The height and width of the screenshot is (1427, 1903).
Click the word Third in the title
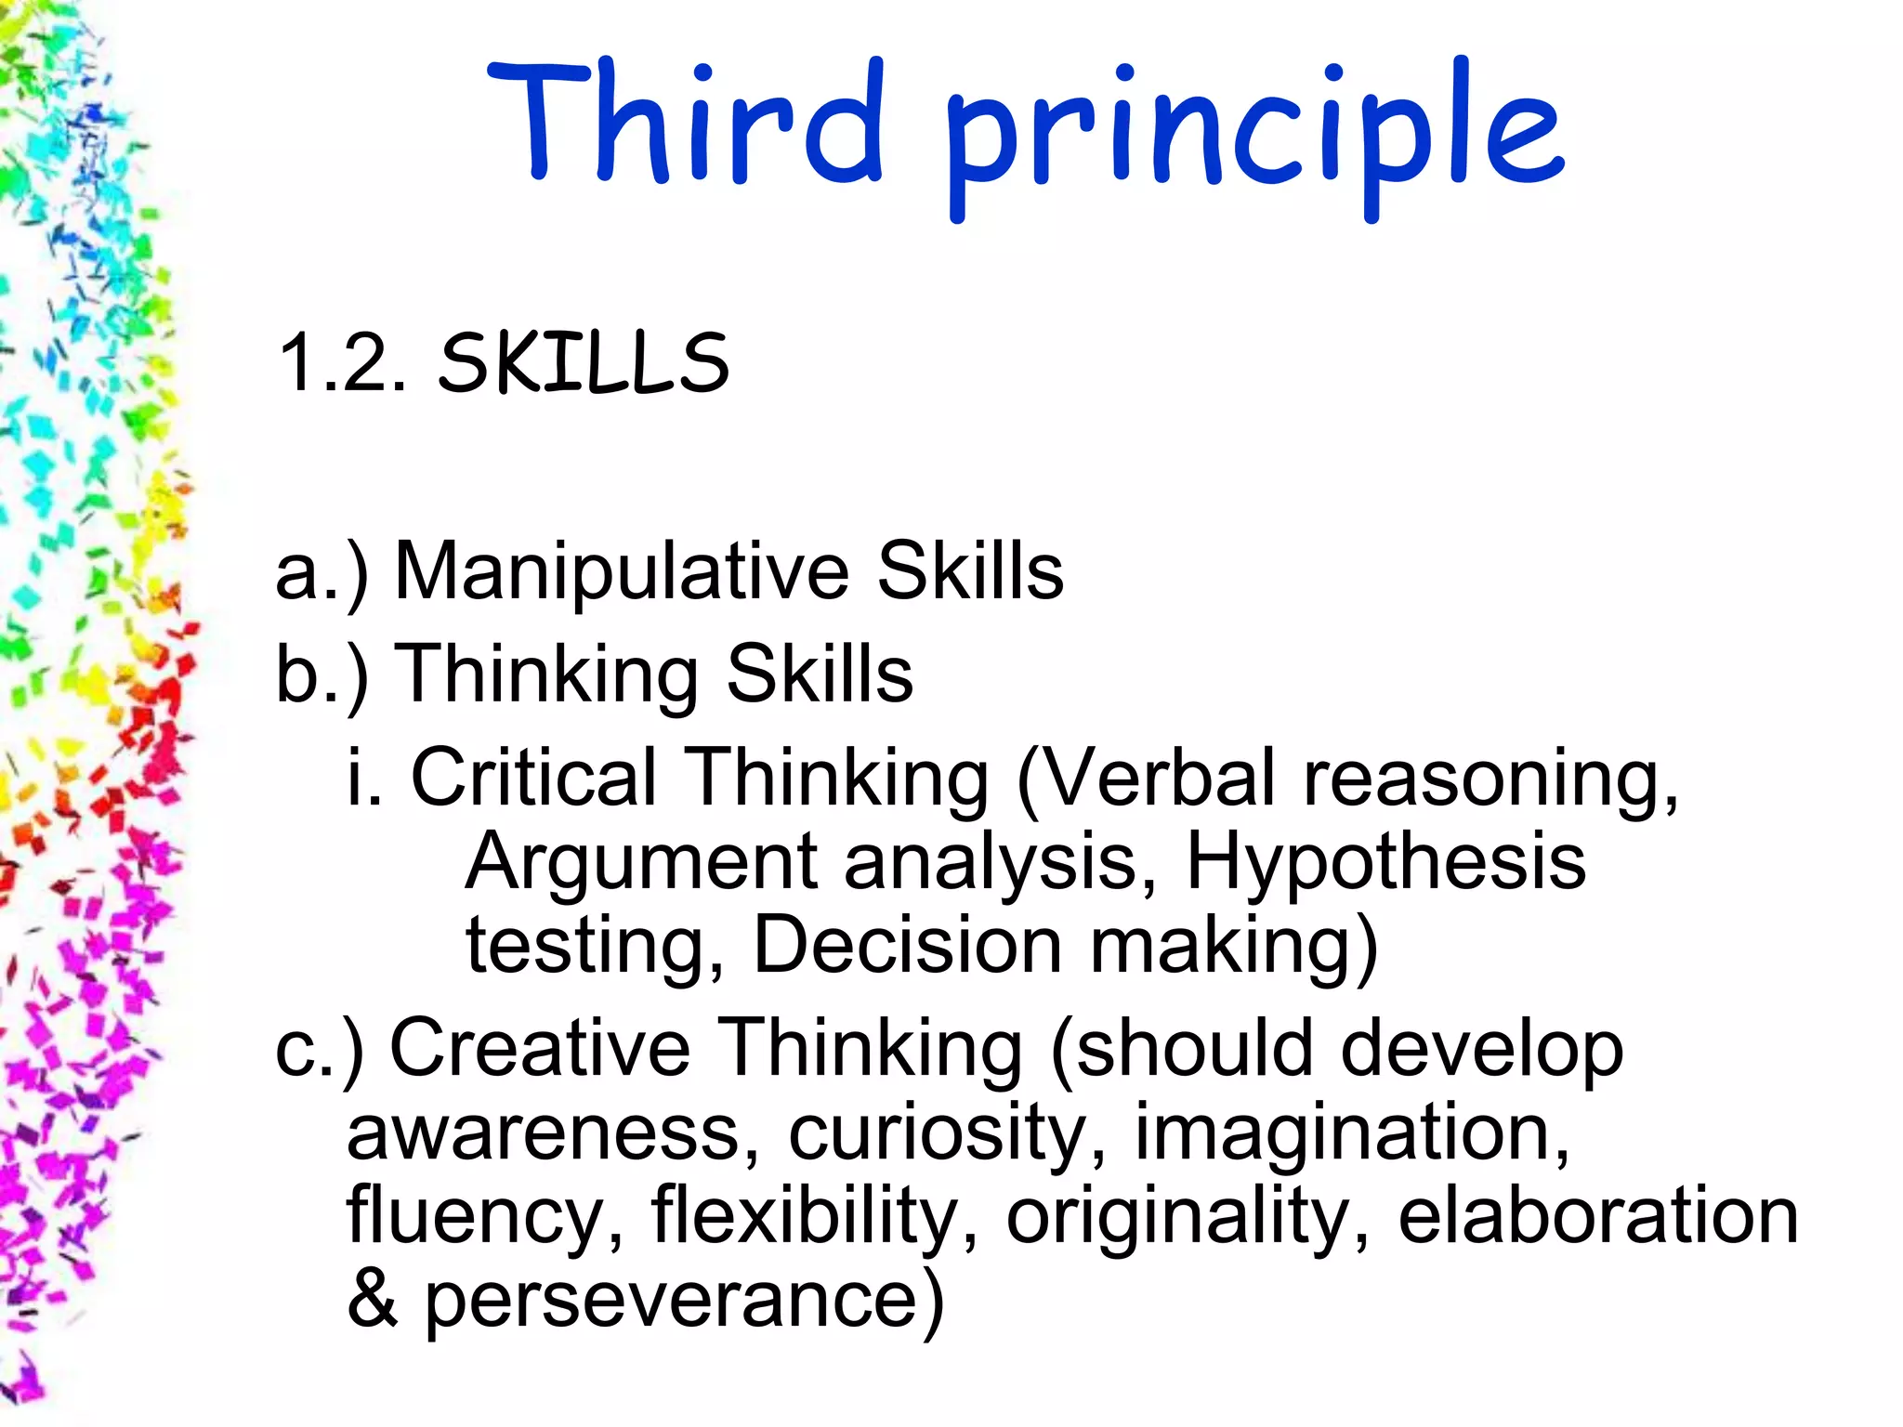tap(686, 123)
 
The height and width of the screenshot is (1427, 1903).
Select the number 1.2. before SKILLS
tap(342, 363)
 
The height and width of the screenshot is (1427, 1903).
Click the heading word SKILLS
tap(584, 363)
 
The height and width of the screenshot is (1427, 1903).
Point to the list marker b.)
tap(322, 675)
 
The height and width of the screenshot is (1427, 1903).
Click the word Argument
tap(641, 862)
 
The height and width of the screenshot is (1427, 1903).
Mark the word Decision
tap(907, 946)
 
